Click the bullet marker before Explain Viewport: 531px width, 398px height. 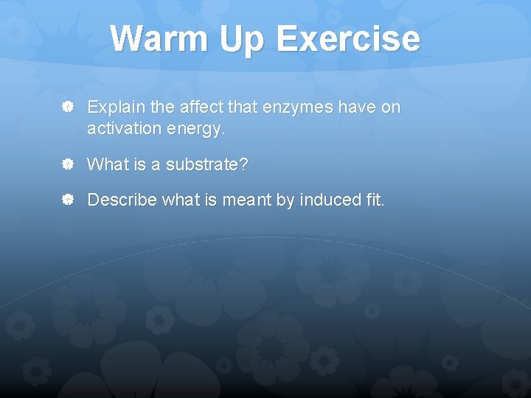(66, 108)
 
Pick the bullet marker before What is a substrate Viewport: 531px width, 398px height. (66, 164)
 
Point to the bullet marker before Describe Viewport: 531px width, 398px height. (66, 200)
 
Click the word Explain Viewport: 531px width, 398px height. (116, 108)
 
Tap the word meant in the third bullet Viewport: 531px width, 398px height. (247, 200)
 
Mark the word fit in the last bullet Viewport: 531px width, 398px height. (372, 200)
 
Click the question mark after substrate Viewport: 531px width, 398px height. (243, 164)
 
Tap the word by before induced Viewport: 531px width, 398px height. (285, 200)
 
